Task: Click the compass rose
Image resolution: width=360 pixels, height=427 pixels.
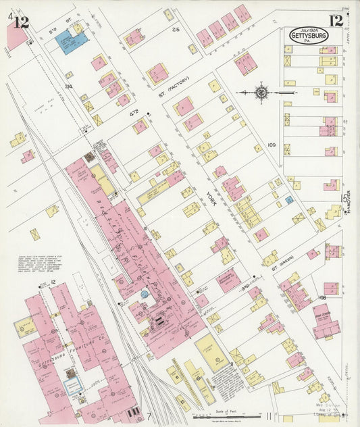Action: (261, 91)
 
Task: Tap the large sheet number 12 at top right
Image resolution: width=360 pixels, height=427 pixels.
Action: (335, 22)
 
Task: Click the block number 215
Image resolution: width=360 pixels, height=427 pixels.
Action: (176, 30)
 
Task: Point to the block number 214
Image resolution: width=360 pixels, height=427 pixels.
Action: (68, 86)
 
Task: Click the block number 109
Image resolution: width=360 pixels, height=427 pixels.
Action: (272, 145)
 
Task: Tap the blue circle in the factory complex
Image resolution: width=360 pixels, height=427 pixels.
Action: (143, 295)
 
